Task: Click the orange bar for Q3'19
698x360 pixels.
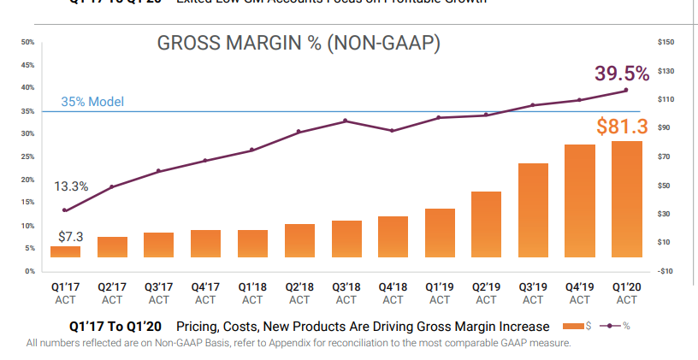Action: pos(533,210)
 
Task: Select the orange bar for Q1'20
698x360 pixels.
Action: pos(626,198)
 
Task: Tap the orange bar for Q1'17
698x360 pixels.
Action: pos(65,251)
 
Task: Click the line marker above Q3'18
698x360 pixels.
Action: pos(346,121)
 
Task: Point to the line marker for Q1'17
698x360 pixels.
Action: pos(65,210)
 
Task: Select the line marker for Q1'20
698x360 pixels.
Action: pos(626,90)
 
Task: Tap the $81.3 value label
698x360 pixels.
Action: pos(623,127)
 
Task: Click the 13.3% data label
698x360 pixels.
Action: pos(71,186)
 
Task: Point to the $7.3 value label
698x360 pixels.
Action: pos(70,235)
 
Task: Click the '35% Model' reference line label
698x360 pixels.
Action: pos(92,102)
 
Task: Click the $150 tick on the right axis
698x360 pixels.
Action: pos(666,42)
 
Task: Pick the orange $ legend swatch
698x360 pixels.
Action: pos(573,327)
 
